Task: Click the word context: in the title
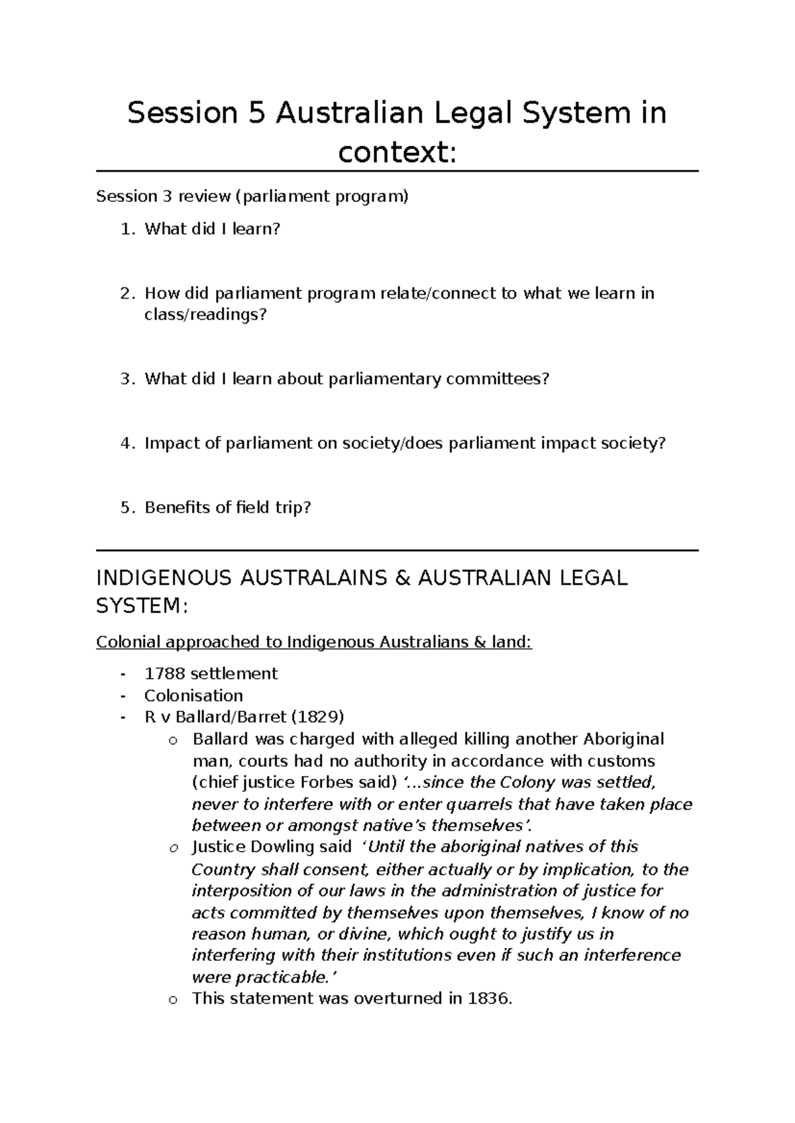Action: pos(397,154)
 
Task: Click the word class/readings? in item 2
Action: pos(205,315)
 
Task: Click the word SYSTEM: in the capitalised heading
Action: pos(142,606)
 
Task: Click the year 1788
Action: pos(164,673)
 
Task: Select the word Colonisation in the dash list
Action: pos(193,695)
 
